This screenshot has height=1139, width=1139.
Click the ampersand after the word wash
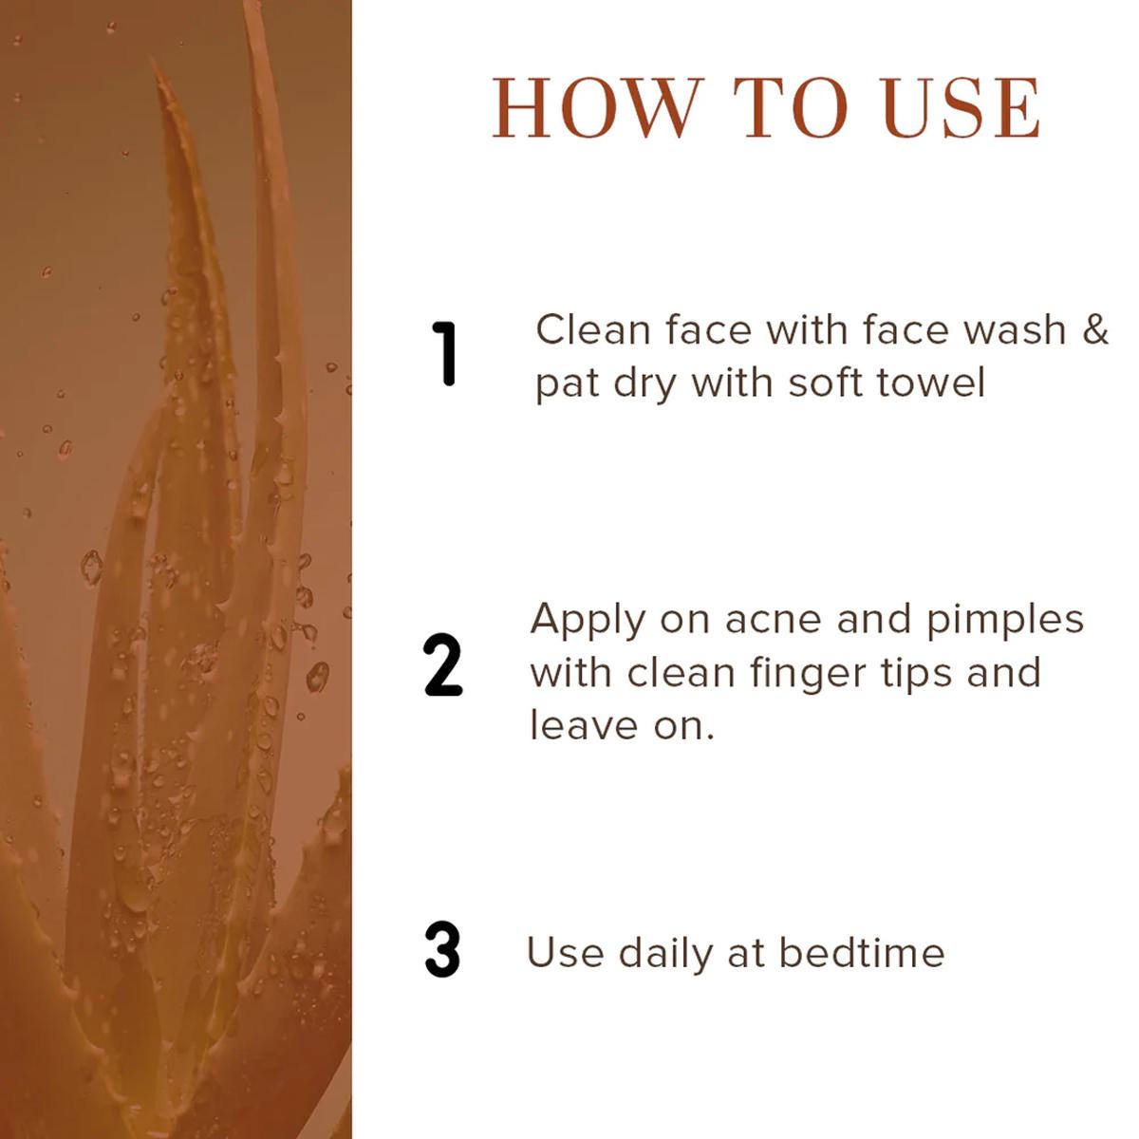coord(1094,329)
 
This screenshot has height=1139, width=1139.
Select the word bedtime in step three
coord(861,953)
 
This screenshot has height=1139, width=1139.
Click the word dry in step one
coord(644,386)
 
